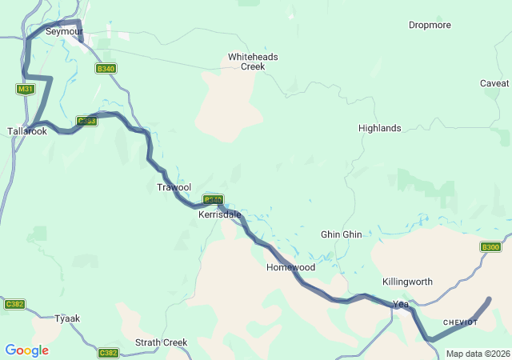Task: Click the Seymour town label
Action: (x=64, y=31)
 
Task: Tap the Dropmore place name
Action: (x=430, y=25)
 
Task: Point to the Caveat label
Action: (x=494, y=83)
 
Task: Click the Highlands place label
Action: (x=379, y=128)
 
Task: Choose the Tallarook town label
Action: (x=26, y=131)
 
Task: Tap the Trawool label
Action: (x=174, y=187)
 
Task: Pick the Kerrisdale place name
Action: (x=218, y=214)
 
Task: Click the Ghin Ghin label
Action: (x=341, y=234)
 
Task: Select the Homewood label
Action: (x=290, y=267)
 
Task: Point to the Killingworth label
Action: (x=407, y=282)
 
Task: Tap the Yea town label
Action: (x=401, y=304)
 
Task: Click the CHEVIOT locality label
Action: (x=460, y=322)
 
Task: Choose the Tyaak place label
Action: (x=67, y=318)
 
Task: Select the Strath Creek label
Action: (x=161, y=342)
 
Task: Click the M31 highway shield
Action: (x=25, y=89)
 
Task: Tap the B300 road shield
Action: (x=490, y=247)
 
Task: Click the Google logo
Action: (x=26, y=350)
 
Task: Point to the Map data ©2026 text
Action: (x=477, y=354)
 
